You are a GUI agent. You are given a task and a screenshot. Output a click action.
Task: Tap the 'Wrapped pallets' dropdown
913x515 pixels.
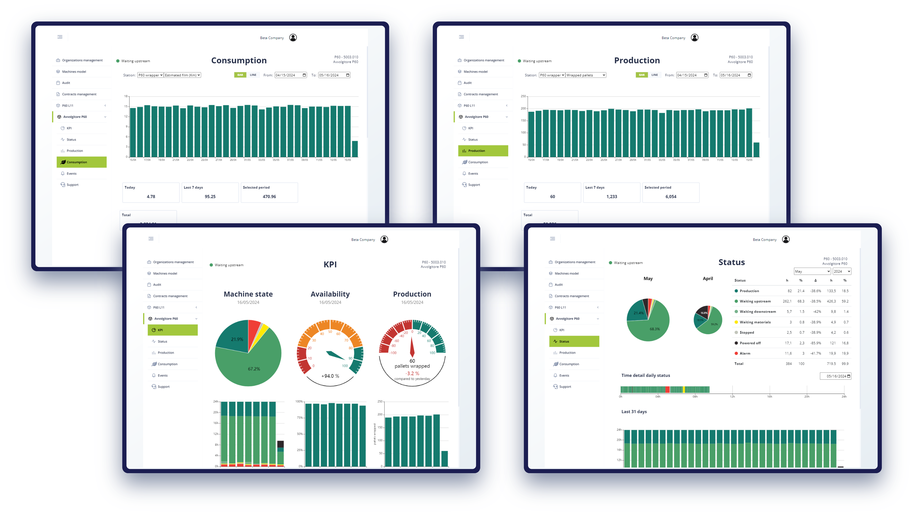coord(586,75)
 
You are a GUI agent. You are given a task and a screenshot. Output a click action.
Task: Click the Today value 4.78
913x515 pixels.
coord(151,197)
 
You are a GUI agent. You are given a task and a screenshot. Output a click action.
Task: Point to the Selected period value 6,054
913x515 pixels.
coord(670,197)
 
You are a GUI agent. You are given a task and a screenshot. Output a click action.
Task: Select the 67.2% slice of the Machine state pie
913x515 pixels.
coord(254,369)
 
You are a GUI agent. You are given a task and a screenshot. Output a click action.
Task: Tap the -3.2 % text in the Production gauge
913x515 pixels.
coord(412,373)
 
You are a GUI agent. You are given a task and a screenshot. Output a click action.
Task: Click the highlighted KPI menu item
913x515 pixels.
coord(173,330)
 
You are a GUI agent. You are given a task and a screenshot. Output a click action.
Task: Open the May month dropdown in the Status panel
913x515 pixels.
coord(812,271)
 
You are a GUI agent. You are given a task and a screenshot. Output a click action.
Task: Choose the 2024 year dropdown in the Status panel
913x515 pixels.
coord(841,271)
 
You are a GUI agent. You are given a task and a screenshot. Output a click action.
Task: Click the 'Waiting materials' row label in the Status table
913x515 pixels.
coord(755,322)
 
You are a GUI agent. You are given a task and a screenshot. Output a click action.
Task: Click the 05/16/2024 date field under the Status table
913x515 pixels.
coord(835,376)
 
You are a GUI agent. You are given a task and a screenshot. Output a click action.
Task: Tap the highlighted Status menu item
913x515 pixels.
coord(574,342)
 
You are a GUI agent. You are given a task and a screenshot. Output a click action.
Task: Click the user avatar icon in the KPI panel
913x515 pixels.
coord(384,239)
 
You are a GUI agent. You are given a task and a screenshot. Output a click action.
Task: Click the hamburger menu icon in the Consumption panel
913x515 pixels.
coord(60,37)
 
